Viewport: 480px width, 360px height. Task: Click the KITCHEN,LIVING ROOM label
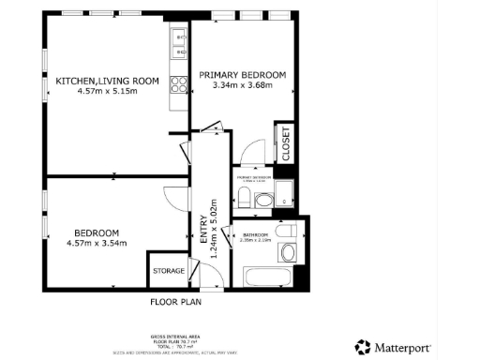tap(106, 81)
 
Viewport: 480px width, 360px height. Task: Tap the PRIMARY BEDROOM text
tap(242, 73)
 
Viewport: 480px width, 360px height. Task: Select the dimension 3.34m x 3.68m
tap(242, 85)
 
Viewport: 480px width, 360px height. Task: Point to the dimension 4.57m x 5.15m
tap(106, 92)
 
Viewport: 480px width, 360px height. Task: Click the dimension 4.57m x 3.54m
tap(97, 244)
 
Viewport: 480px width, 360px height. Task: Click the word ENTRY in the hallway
tap(203, 231)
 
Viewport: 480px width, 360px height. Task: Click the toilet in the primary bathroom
tap(244, 198)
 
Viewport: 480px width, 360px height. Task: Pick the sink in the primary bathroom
tap(263, 201)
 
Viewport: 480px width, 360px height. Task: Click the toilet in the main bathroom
tap(289, 230)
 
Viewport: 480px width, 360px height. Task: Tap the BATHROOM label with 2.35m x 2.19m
tap(256, 235)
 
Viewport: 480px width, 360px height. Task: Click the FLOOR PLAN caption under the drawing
tap(175, 302)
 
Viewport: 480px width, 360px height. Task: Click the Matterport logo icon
tap(362, 347)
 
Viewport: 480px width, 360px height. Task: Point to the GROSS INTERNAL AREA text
tap(174, 335)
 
